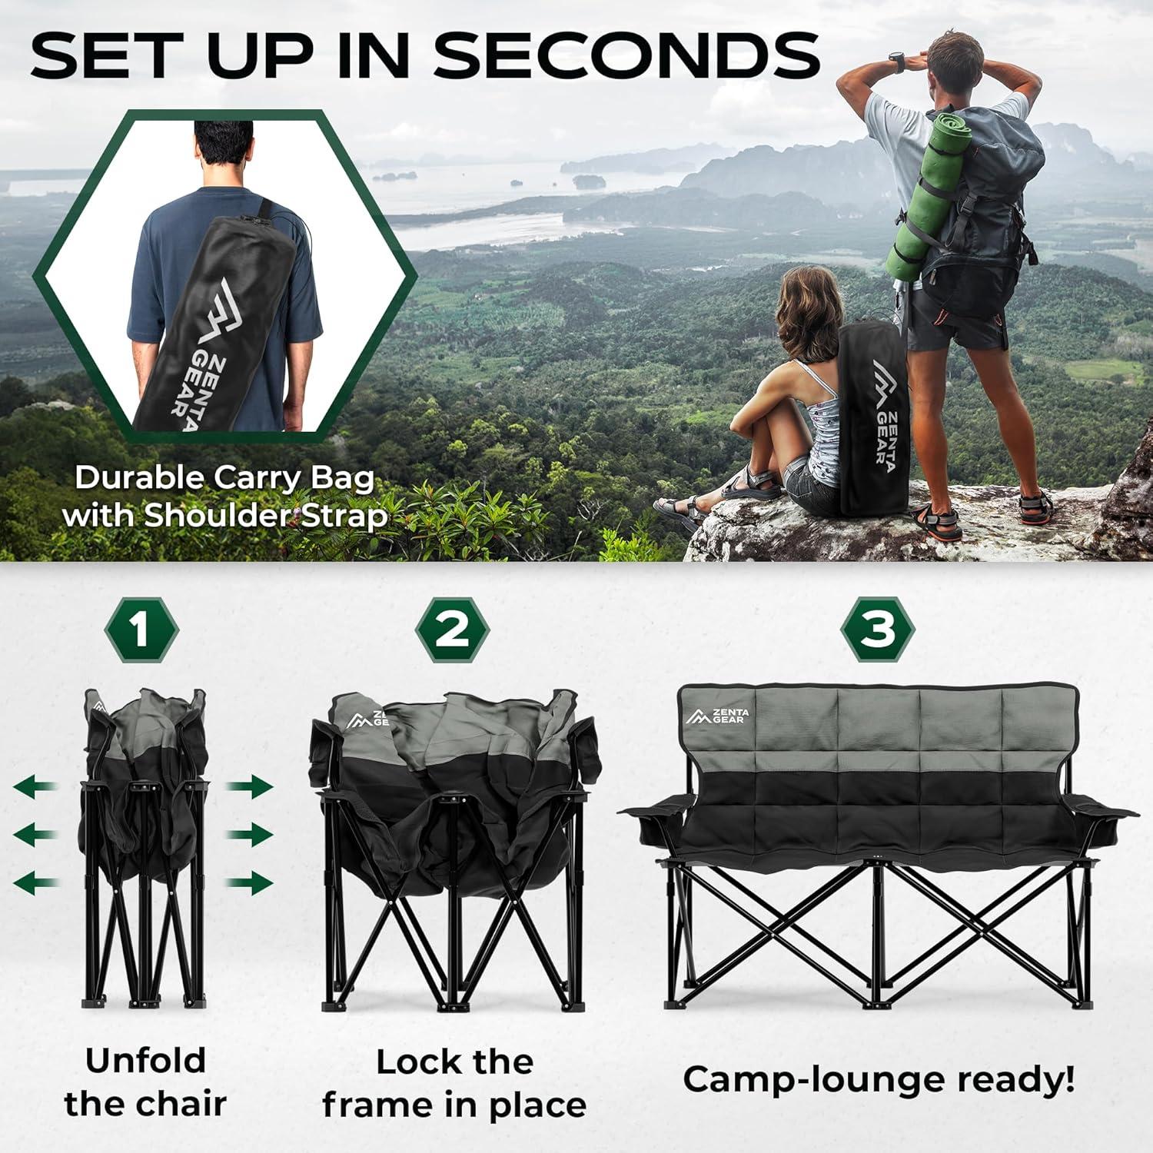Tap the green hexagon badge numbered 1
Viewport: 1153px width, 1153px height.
141,630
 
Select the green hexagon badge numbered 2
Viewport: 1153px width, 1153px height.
453,630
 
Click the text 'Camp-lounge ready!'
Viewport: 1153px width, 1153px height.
879,1079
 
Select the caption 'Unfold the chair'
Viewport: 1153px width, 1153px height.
145,1082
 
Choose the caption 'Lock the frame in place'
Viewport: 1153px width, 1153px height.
454,1083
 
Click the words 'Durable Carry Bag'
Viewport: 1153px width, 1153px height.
224,478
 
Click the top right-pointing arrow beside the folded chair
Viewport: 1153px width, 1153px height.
250,787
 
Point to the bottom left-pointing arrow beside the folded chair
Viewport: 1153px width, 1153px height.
37,882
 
